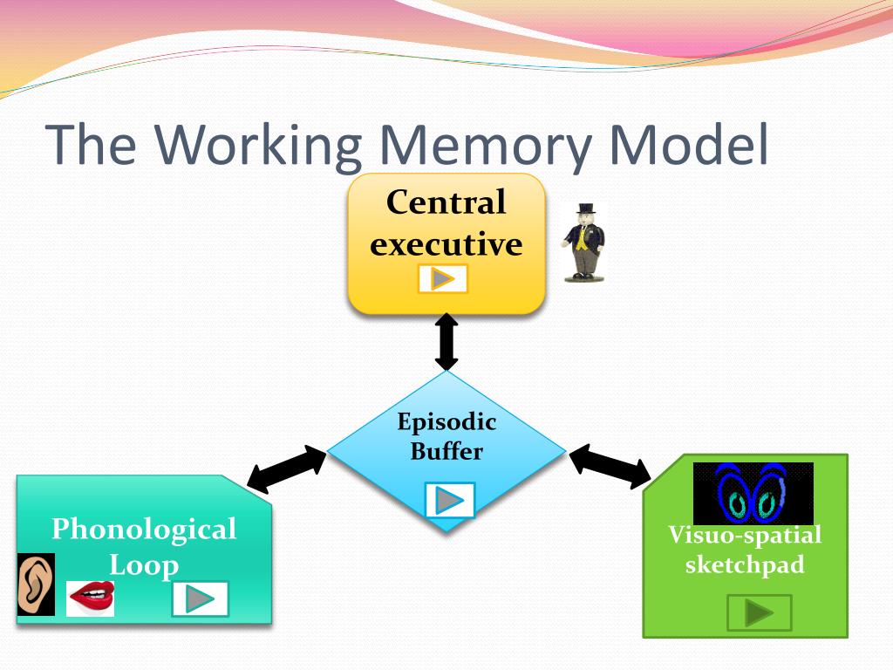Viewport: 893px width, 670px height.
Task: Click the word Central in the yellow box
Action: tap(446, 202)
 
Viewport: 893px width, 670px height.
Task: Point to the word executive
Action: tap(446, 244)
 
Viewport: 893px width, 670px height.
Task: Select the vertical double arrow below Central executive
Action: tap(446, 342)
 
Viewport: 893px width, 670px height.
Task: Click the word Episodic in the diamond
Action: tap(446, 422)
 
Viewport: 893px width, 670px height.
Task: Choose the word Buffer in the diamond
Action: tap(446, 451)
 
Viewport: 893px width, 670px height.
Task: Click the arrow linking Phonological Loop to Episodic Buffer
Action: tap(286, 469)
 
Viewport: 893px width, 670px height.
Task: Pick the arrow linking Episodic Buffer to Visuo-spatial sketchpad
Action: tap(610, 467)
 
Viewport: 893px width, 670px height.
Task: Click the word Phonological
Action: tap(144, 530)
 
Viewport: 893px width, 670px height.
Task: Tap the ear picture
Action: tap(36, 584)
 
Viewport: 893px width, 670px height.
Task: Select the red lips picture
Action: tap(91, 598)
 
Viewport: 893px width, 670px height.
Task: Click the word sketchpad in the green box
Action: tap(745, 564)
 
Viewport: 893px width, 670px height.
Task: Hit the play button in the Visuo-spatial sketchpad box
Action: tap(760, 612)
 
